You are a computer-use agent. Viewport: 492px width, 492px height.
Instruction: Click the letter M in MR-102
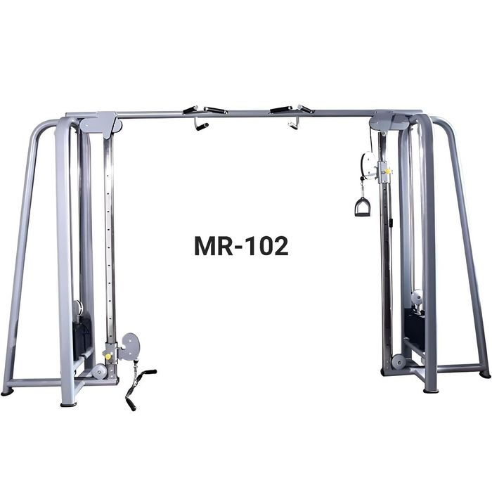point(205,246)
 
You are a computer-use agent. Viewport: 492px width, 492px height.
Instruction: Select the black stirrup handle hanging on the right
point(363,207)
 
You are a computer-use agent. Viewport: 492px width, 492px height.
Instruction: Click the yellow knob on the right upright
point(388,171)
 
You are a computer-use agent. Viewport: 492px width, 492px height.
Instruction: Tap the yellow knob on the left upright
point(108,357)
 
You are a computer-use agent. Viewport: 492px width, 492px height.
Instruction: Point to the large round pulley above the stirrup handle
point(368,165)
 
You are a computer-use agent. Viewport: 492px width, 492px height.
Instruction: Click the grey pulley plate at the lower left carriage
point(129,347)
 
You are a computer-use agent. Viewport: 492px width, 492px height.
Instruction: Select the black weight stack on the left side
point(82,336)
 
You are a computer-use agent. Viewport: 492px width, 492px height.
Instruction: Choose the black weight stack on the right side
point(414,330)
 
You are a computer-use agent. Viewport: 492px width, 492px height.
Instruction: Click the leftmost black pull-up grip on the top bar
point(190,110)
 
